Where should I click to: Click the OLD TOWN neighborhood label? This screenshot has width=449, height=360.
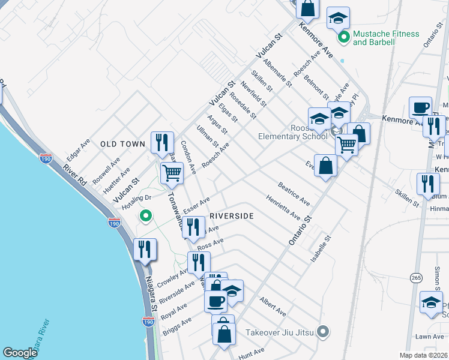[x=122, y=144]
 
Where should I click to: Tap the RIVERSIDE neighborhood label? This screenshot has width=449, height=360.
[x=232, y=216]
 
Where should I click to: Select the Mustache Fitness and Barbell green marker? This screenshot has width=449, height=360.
[x=344, y=38]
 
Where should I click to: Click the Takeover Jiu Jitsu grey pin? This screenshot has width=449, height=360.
[x=323, y=331]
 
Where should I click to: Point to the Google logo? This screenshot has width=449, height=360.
[x=20, y=353]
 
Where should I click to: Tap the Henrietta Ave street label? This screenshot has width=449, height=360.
[x=283, y=206]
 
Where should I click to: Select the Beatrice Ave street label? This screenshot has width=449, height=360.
[x=294, y=194]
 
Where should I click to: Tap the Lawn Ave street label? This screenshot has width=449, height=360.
[x=428, y=337]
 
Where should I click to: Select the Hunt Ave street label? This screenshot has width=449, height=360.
[x=251, y=353]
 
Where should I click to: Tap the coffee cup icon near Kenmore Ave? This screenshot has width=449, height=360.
[x=420, y=107]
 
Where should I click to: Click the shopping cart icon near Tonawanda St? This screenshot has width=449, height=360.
[x=172, y=173]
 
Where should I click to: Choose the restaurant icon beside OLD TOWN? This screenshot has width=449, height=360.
[x=162, y=142]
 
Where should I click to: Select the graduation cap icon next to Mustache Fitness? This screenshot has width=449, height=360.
[x=338, y=17]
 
